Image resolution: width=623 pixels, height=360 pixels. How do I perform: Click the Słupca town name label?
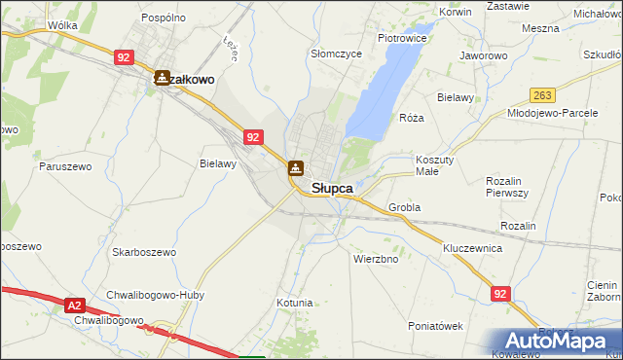(x=332, y=188)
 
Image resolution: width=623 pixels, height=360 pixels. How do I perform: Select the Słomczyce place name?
(x=336, y=54)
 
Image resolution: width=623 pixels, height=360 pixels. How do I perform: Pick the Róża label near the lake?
(x=412, y=118)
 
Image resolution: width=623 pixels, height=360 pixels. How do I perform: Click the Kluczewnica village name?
(x=472, y=248)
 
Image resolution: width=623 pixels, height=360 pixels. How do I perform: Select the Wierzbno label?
(x=376, y=260)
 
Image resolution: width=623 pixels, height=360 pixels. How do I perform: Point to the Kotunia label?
(x=294, y=303)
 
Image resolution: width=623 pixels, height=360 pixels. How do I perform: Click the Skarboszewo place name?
(x=144, y=252)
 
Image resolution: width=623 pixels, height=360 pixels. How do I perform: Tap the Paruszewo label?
(x=66, y=166)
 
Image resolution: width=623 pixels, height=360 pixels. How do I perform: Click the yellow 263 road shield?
(x=542, y=94)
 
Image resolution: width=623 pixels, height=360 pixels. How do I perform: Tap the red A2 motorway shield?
(x=76, y=306)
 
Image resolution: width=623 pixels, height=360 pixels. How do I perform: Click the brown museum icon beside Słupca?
(x=295, y=168)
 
